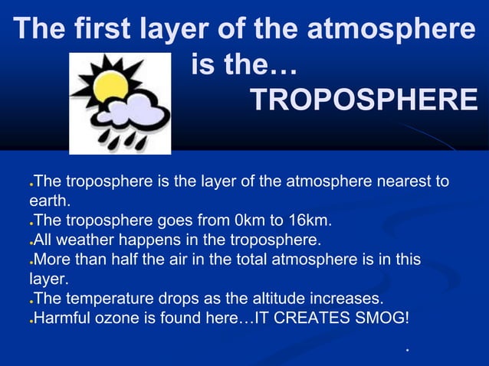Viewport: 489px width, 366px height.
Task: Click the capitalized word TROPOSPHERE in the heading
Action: (x=363, y=100)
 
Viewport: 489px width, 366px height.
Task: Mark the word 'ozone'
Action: (x=133, y=317)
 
